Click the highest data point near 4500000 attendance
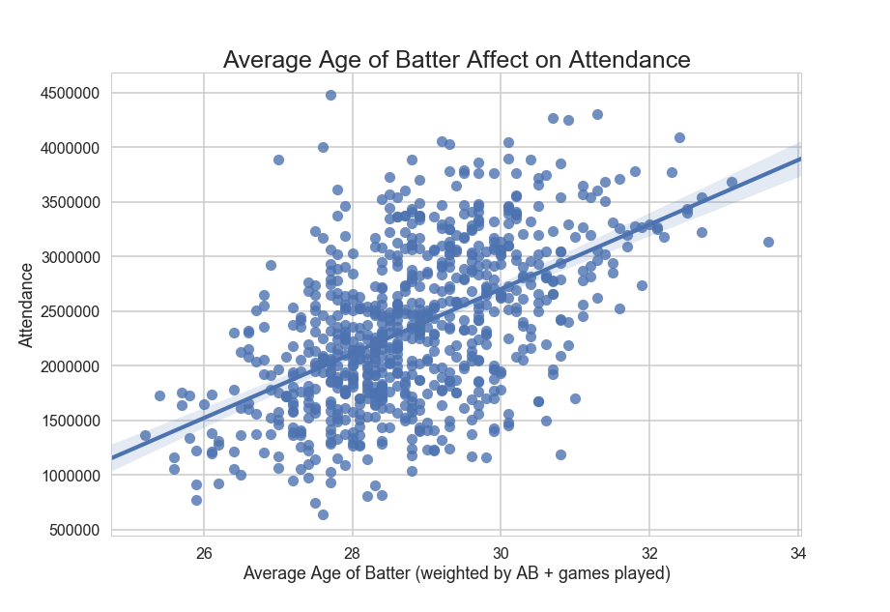click(330, 95)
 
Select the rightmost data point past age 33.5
click(768, 242)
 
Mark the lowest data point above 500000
click(323, 514)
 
